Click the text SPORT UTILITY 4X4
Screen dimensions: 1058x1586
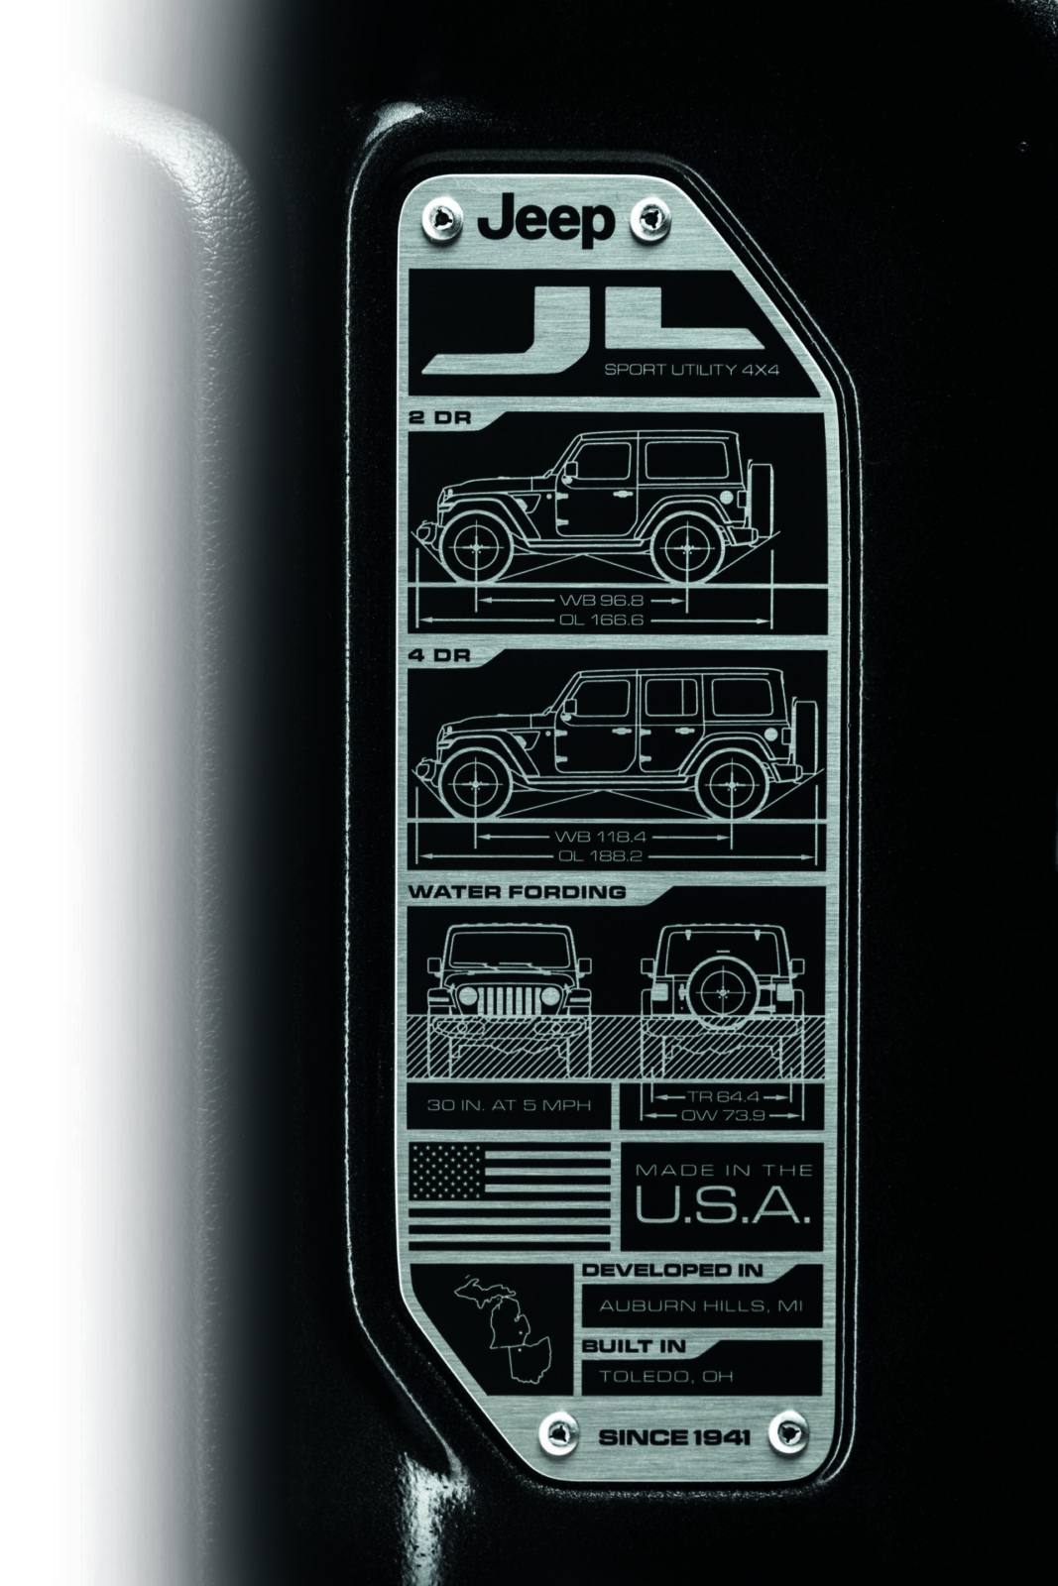691,371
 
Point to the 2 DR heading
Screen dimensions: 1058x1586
439,418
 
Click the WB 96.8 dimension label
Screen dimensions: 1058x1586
601,601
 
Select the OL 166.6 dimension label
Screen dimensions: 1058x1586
601,621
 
